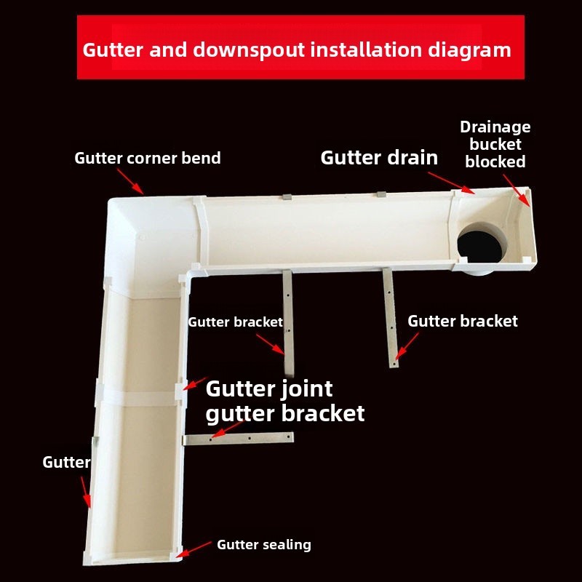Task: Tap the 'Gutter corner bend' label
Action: pyautogui.click(x=148, y=158)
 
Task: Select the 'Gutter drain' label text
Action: pyautogui.click(x=379, y=157)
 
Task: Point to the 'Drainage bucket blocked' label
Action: pyautogui.click(x=495, y=144)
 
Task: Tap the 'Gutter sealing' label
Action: pyautogui.click(x=263, y=544)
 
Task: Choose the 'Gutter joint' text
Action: pyautogui.click(x=269, y=388)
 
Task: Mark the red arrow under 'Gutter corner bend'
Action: pyautogui.click(x=138, y=185)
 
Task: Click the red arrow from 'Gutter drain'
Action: pyautogui.click(x=450, y=182)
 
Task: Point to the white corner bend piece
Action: pyautogui.click(x=145, y=233)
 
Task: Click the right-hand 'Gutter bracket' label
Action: pyautogui.click(x=463, y=321)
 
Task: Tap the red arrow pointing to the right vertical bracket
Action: pyautogui.click(x=407, y=347)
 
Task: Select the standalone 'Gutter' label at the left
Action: pyautogui.click(x=66, y=462)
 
